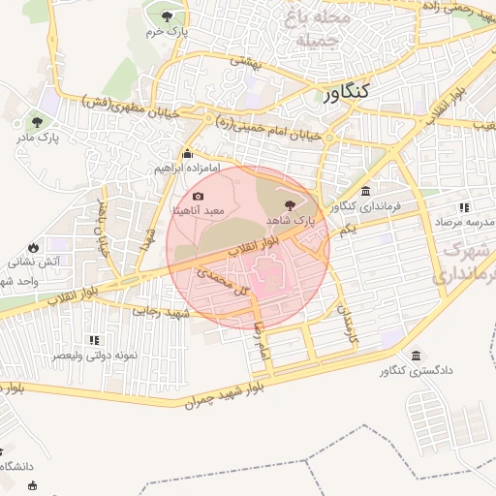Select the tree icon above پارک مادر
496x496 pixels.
click(x=37, y=122)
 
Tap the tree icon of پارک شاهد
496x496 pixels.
click(x=291, y=203)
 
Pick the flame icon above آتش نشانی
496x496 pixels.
click(x=35, y=245)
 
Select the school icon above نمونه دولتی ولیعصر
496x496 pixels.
click(x=94, y=340)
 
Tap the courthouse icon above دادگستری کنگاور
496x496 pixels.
click(x=416, y=356)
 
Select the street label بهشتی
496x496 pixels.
click(x=240, y=60)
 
